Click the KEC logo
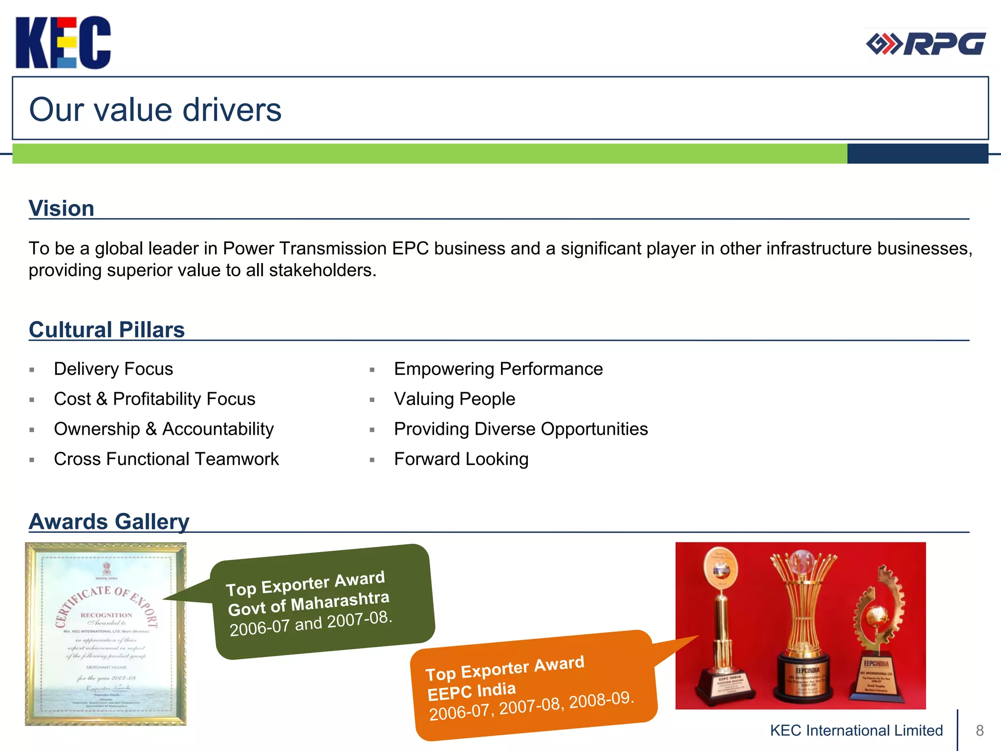coord(63,43)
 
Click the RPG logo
coord(926,44)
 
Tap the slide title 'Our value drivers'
coord(155,110)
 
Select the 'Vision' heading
coord(61,208)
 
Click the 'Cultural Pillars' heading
coord(107,330)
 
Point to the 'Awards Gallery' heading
coord(109,521)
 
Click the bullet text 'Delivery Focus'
coord(113,369)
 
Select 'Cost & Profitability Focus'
coord(154,399)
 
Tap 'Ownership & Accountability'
coord(164,429)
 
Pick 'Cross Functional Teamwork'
coord(166,459)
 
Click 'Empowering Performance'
coord(498,369)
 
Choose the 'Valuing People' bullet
coord(455,399)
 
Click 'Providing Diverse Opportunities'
coord(521,429)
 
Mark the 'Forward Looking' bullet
coord(461,459)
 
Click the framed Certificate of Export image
coord(106,634)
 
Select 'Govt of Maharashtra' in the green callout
coord(308,603)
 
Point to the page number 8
coord(979,730)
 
